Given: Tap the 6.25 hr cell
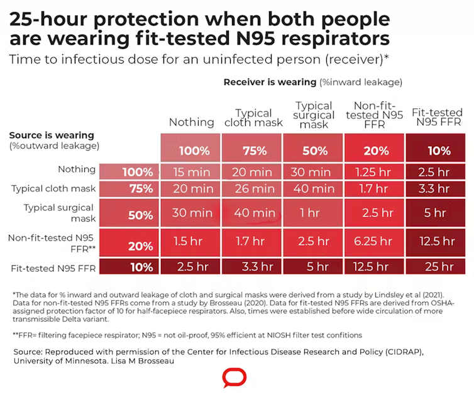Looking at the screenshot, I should [375, 241].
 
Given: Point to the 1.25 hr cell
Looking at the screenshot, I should [375, 172].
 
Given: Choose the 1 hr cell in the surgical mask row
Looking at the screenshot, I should [314, 213].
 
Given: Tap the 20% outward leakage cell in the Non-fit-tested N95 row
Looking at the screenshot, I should [141, 246].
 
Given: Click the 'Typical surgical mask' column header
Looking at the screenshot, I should [314, 115].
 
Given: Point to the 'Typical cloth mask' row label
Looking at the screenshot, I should [53, 188].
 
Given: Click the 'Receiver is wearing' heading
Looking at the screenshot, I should [270, 82].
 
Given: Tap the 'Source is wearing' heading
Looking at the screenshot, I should [52, 135].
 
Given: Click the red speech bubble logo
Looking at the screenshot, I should [234, 378].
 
